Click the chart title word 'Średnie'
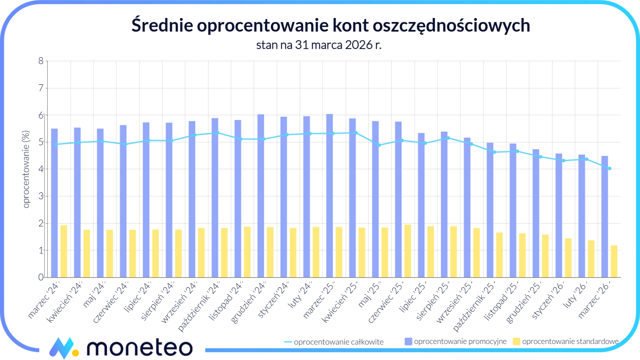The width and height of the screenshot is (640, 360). (162, 26)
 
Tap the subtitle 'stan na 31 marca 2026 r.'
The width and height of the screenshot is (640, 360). (319, 45)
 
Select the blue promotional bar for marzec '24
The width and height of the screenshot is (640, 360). (54, 203)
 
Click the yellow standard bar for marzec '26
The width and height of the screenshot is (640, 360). (614, 261)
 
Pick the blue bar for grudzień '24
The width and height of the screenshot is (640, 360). (261, 196)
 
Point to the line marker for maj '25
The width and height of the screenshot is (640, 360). (379, 145)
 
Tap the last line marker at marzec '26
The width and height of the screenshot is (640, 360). (609, 168)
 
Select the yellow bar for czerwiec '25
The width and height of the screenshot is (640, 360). (408, 251)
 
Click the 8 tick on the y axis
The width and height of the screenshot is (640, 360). (41, 61)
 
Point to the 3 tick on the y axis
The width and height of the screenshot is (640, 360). (41, 196)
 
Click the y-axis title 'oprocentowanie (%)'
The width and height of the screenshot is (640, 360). (26, 169)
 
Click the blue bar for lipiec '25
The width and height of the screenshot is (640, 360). (421, 205)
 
